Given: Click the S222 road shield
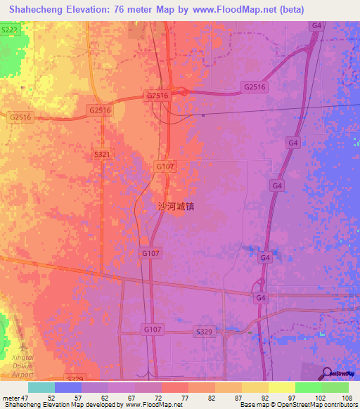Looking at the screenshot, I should tap(9, 30).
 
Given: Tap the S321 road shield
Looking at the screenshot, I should tap(102, 154).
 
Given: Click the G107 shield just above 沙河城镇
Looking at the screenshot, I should tap(164, 166).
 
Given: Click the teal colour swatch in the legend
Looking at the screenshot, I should tap(41, 387).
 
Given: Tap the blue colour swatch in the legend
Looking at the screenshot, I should tap(68, 387).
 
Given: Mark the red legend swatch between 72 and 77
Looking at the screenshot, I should tap(175, 387).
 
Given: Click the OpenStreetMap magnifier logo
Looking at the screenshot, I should tap(328, 375).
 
